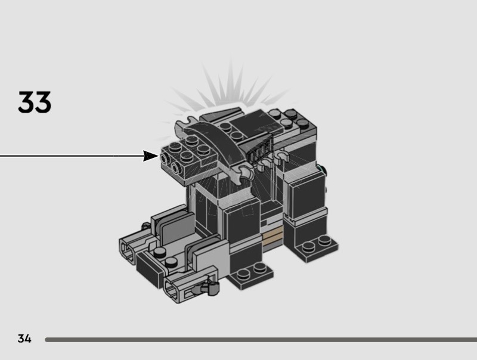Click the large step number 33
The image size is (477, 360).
(x=35, y=102)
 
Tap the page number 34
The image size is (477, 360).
(x=24, y=339)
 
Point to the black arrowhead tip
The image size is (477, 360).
(x=159, y=156)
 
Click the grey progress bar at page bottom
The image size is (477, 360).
(x=261, y=340)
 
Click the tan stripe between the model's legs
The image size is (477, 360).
(x=273, y=237)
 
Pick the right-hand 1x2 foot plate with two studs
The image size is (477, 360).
(x=317, y=247)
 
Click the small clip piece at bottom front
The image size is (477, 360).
(x=209, y=288)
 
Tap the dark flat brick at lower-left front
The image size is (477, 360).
(x=150, y=268)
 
